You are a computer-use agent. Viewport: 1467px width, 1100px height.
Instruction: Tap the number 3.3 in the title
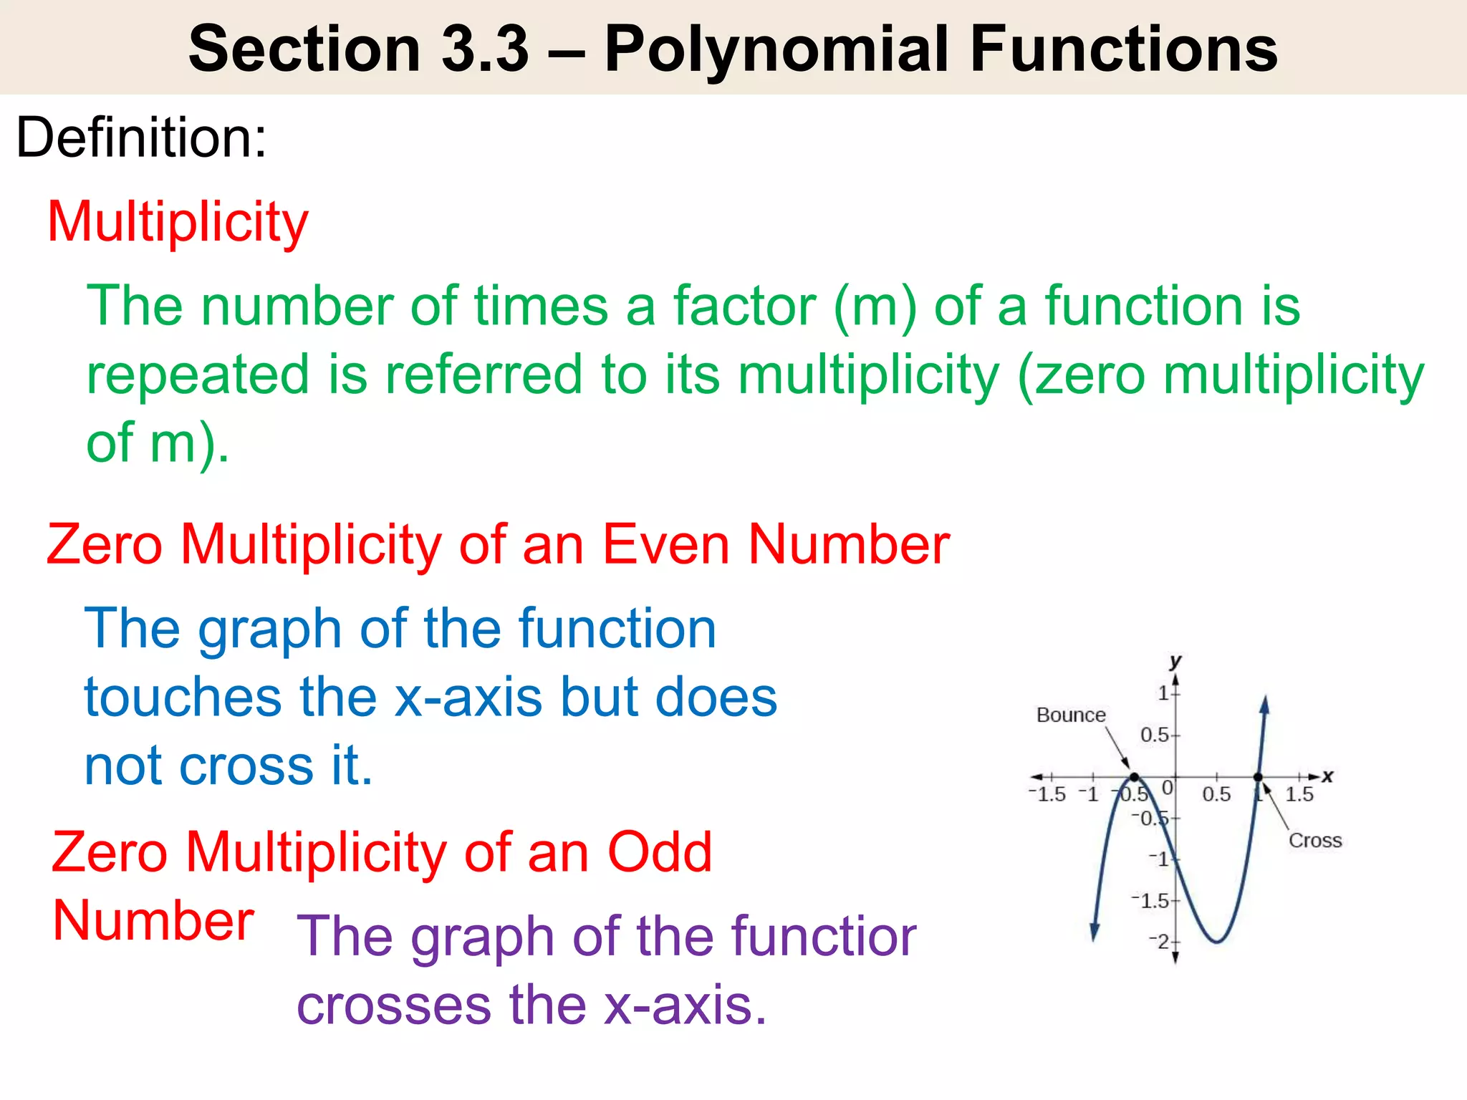coord(485,49)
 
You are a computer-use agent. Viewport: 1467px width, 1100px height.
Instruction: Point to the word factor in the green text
coord(744,306)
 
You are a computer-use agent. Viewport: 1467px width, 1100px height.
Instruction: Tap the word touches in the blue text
coord(183,697)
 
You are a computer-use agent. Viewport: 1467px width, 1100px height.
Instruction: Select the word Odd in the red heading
coord(659,852)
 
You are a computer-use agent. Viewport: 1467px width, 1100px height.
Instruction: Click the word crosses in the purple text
coord(393,1005)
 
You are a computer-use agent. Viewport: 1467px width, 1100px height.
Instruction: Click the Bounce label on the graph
coord(1071,715)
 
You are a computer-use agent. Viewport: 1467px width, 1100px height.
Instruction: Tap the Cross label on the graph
coord(1315,840)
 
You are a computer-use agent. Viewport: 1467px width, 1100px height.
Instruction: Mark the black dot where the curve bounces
coord(1134,777)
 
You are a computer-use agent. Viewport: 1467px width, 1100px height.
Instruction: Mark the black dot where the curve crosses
coord(1258,777)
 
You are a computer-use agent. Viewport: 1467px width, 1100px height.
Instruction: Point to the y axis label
coord(1175,660)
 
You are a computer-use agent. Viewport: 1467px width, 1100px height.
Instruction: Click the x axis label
coord(1327,776)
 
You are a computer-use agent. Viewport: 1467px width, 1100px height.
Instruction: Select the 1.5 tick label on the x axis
coord(1299,794)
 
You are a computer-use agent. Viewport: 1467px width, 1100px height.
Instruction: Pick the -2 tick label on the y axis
coord(1159,941)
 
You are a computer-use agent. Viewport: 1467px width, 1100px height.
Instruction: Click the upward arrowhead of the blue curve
coord(1265,705)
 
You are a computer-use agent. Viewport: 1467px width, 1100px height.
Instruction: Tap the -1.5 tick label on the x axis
coord(1047,794)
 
